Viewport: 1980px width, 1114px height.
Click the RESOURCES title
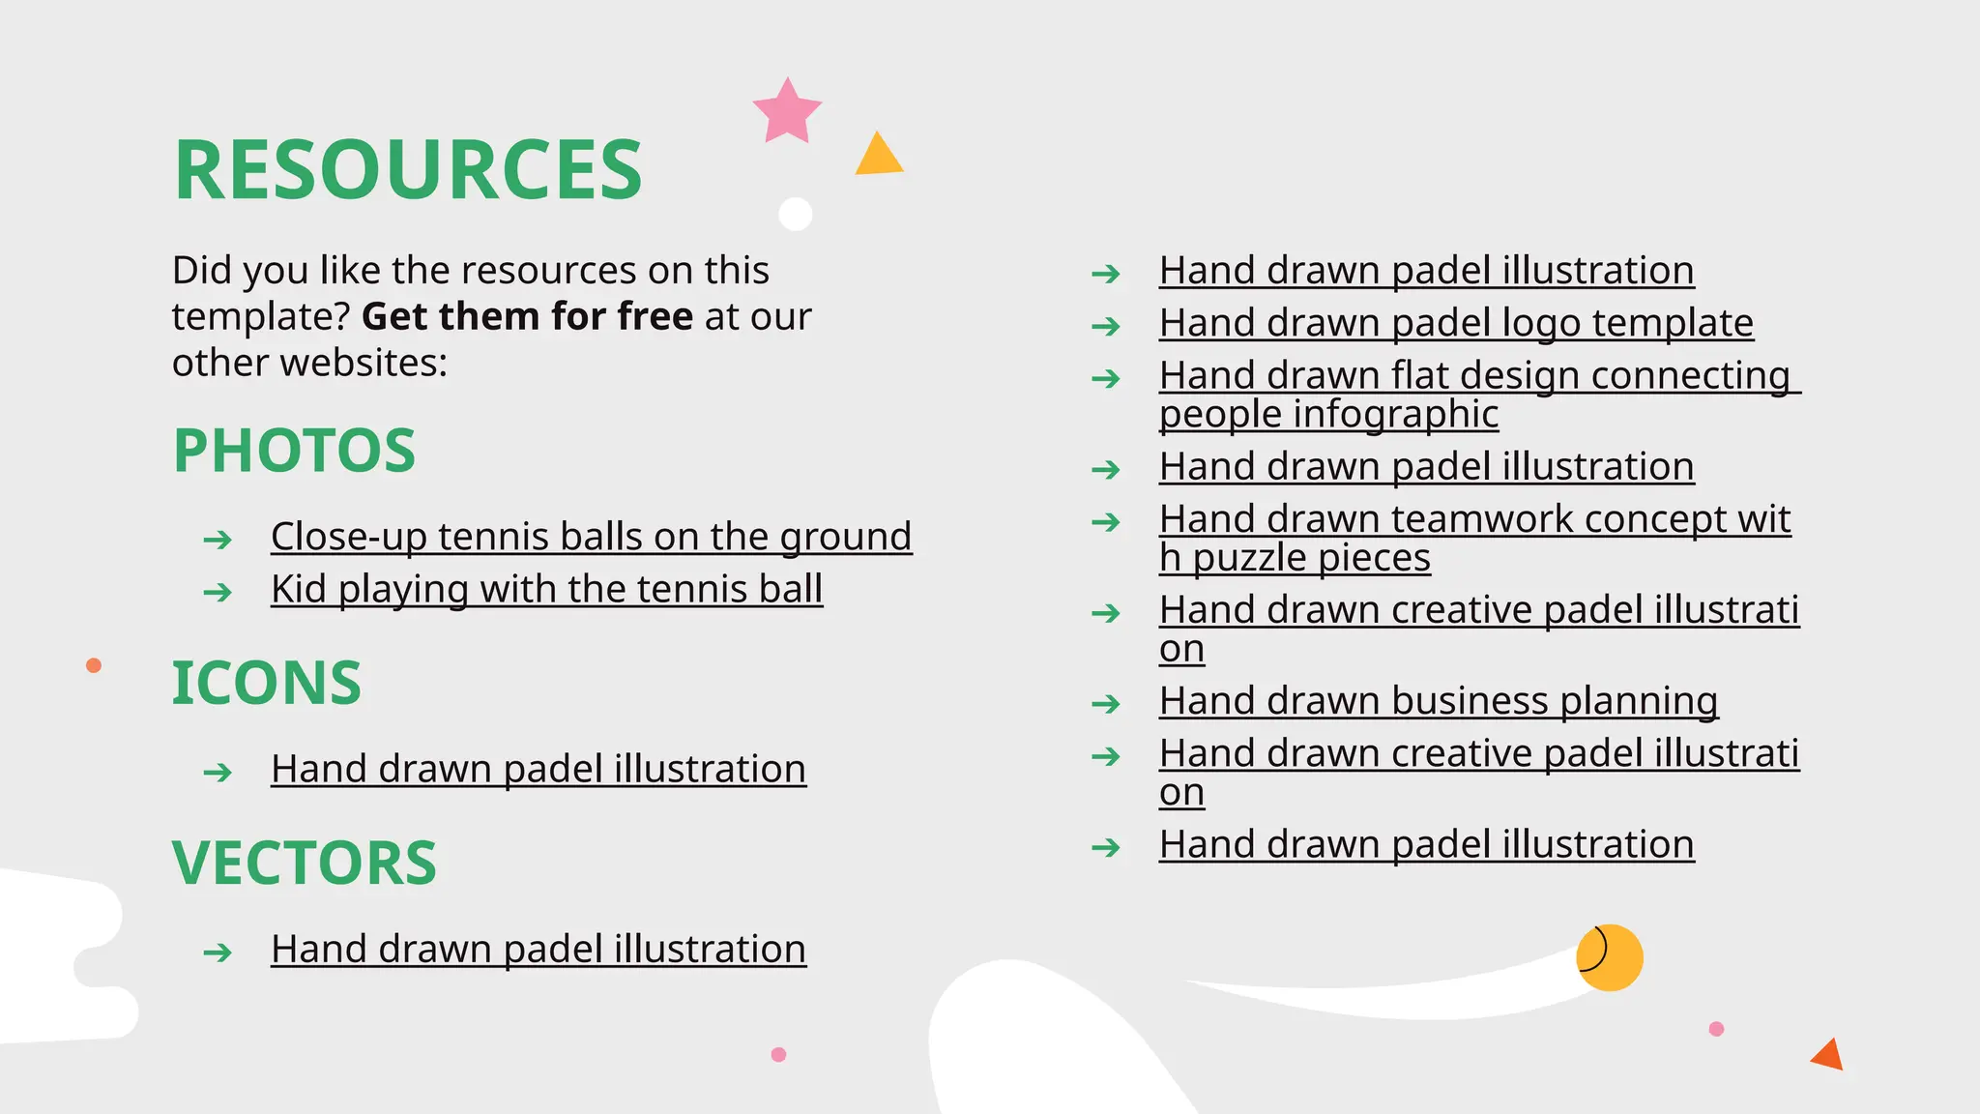point(407,170)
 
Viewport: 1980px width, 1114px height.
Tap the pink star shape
point(787,112)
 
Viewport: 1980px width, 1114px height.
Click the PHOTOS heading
point(294,451)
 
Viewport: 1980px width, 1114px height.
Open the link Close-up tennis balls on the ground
point(591,537)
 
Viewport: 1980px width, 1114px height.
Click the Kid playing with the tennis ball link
point(546,589)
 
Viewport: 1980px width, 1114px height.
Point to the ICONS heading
point(266,683)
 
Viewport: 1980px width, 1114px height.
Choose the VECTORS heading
point(304,863)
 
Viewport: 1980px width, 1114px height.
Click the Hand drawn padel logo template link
point(1455,323)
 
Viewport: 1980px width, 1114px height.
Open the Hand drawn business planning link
point(1438,701)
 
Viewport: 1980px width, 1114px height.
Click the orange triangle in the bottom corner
point(1828,1055)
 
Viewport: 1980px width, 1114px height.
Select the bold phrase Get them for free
point(527,316)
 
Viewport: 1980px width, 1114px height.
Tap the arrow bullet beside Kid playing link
point(218,592)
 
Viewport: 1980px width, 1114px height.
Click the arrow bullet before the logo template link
point(1105,327)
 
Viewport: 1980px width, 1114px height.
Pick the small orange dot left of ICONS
point(94,665)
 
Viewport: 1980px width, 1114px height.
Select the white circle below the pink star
point(795,214)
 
